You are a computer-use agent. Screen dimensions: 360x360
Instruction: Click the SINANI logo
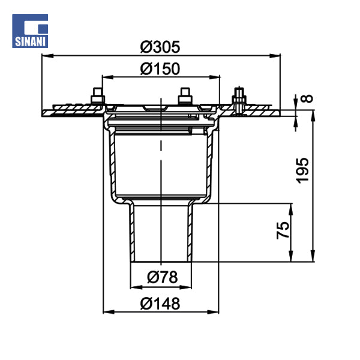pos(30,31)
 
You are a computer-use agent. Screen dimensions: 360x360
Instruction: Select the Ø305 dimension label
pos(160,47)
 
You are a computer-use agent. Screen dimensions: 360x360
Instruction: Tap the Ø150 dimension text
pos(160,68)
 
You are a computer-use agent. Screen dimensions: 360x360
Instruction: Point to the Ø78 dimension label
pos(162,277)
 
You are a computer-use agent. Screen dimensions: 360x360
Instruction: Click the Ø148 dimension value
pos(160,304)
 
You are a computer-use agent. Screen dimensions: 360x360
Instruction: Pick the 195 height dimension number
pos(302,170)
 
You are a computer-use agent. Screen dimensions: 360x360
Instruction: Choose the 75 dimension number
pos(283,230)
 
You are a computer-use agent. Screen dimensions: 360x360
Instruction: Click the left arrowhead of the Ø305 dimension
pos(47,56)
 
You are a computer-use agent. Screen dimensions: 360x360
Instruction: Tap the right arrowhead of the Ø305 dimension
pos(275,56)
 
